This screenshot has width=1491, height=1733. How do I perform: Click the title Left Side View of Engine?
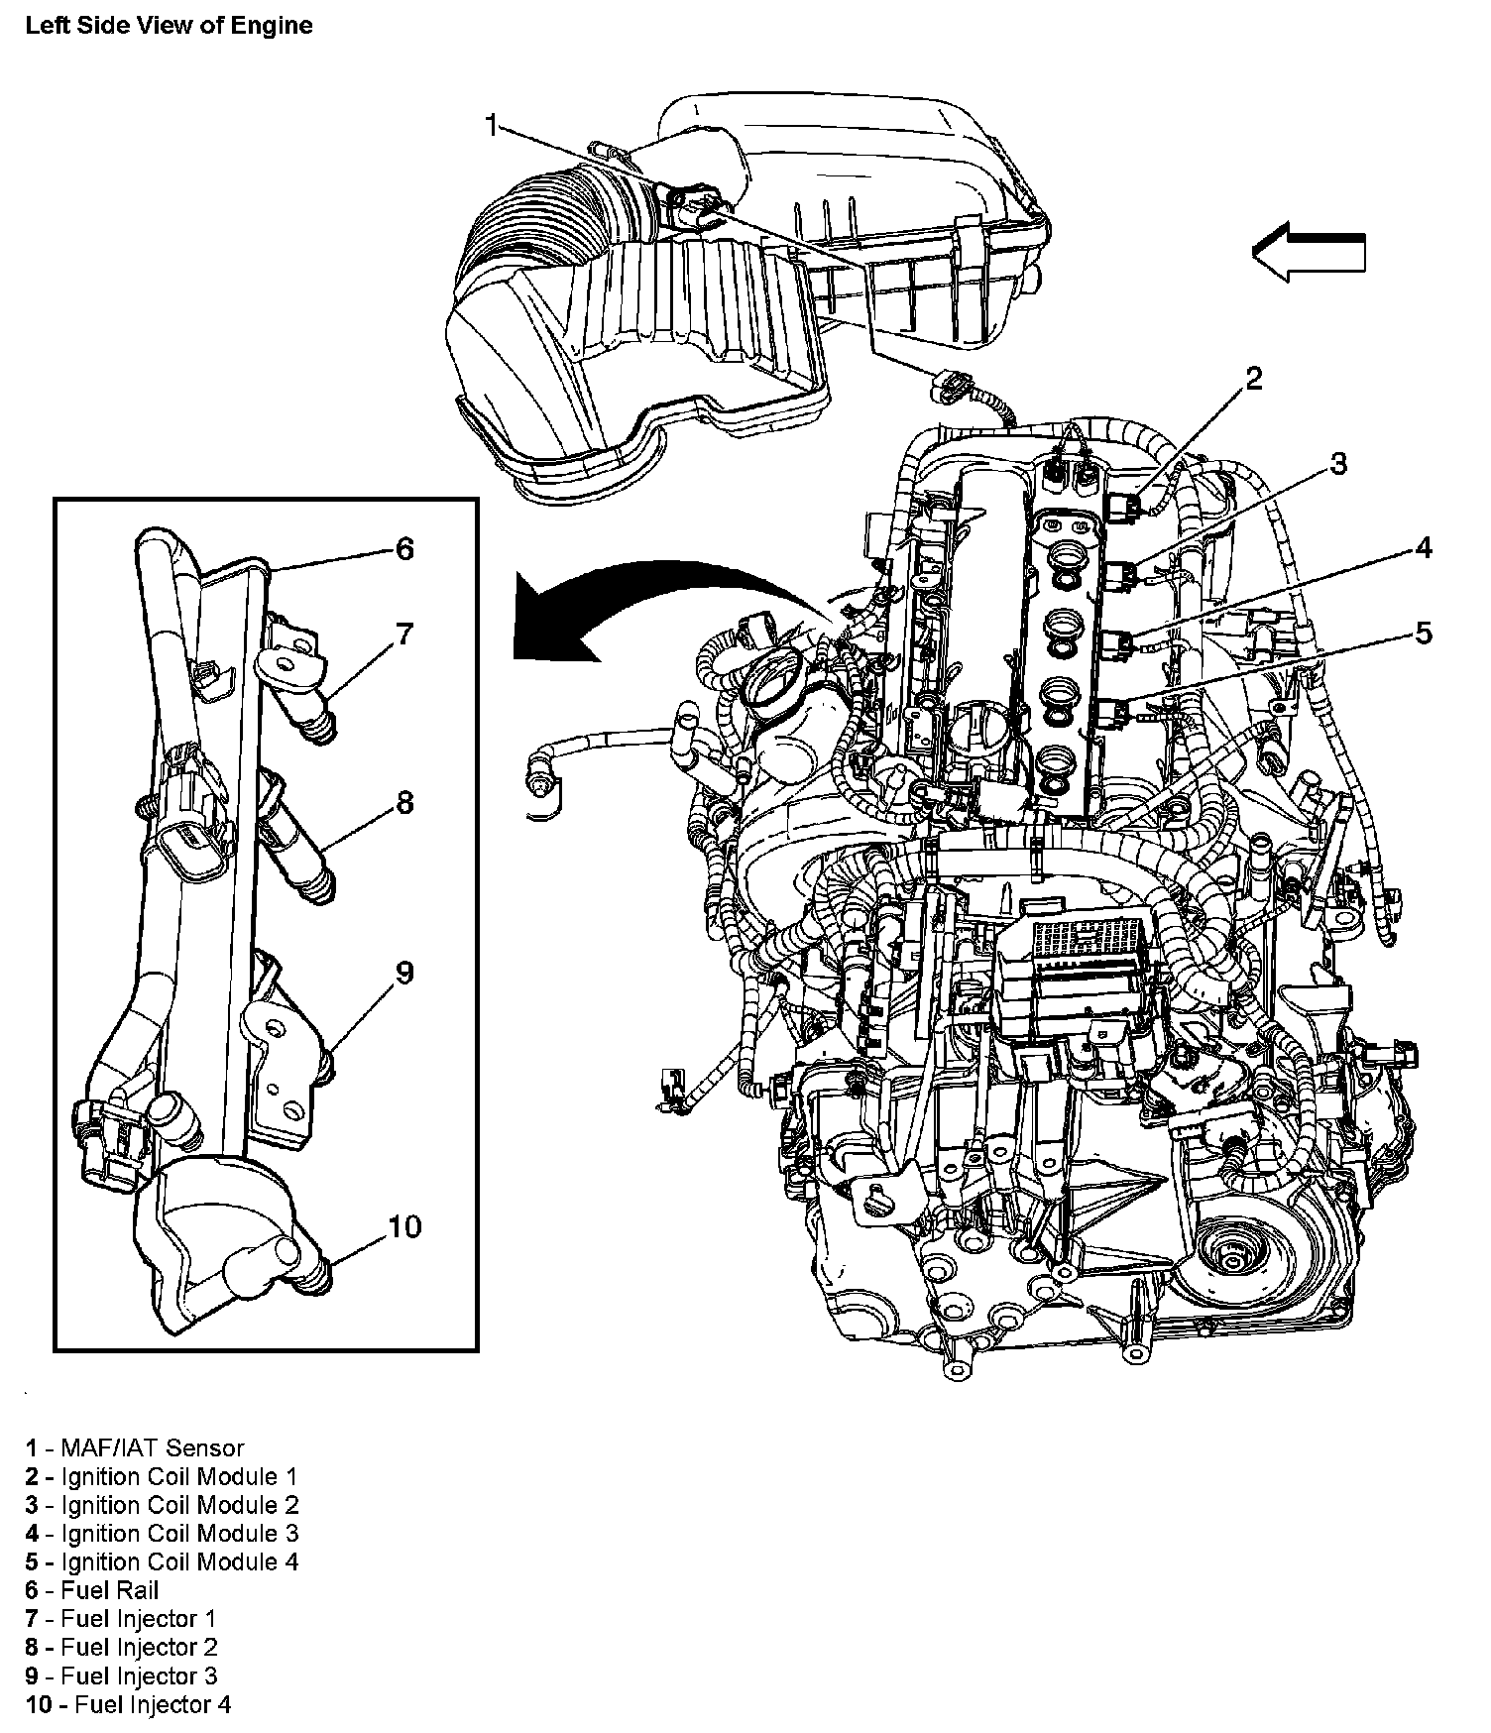(x=169, y=26)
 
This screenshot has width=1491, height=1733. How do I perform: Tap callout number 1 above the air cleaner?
(x=493, y=126)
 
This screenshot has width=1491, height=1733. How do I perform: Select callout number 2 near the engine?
(x=1254, y=378)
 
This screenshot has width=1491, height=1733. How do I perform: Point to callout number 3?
(x=1338, y=462)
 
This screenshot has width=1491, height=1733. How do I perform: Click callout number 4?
(x=1424, y=547)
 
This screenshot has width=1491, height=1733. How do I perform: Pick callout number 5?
(x=1424, y=633)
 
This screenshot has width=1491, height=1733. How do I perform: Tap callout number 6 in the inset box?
(x=404, y=548)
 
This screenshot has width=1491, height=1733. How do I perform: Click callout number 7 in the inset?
(x=404, y=634)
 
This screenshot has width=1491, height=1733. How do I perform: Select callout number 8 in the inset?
(x=404, y=803)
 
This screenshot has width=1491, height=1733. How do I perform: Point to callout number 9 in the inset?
(x=404, y=973)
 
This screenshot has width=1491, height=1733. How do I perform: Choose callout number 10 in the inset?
(x=404, y=1227)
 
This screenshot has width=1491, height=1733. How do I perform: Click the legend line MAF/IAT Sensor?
(x=135, y=1448)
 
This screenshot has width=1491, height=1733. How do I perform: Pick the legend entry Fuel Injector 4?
(x=128, y=1704)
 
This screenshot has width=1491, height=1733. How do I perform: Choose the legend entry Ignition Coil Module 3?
(x=163, y=1534)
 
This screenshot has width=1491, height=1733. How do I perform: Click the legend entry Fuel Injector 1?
(x=121, y=1619)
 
